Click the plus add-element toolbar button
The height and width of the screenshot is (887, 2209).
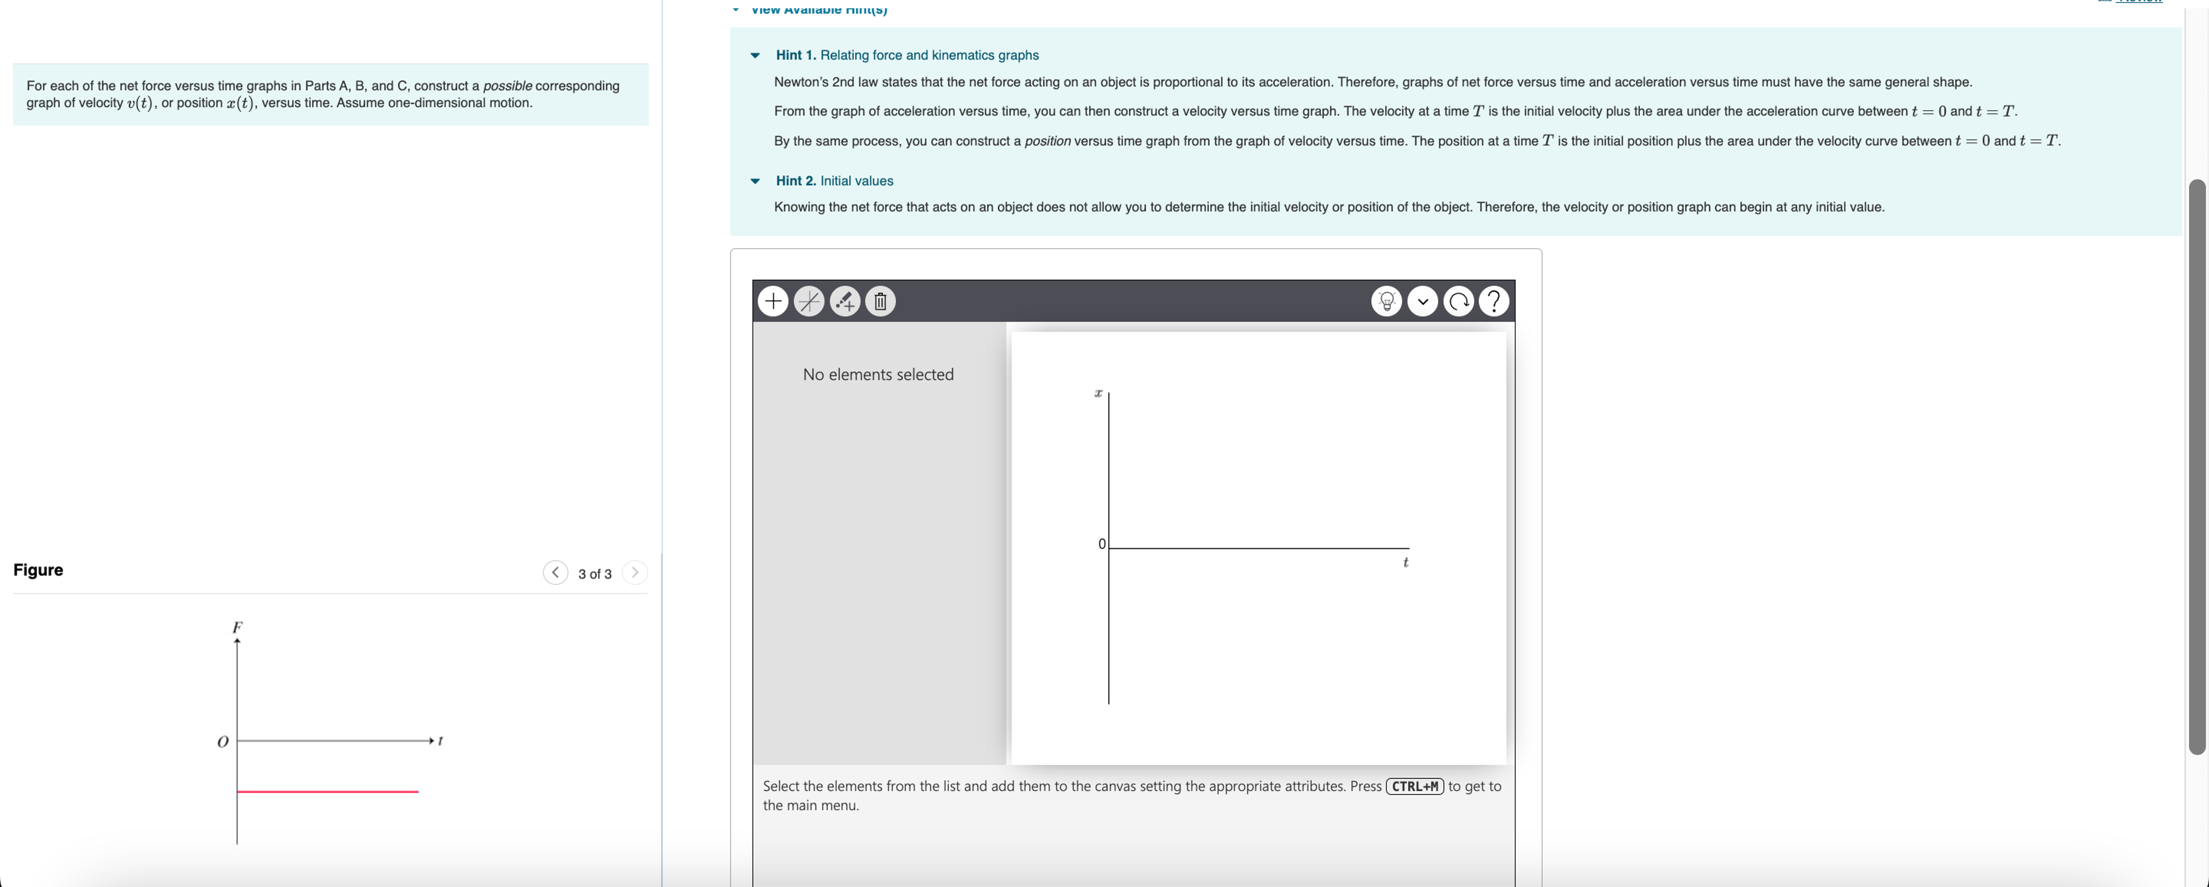coord(773,301)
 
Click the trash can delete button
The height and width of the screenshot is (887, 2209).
coord(880,301)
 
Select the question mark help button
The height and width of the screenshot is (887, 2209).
coord(1494,301)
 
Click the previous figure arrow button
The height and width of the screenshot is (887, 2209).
coord(555,572)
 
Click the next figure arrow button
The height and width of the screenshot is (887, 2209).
coord(635,572)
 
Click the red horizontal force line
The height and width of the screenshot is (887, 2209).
coord(328,791)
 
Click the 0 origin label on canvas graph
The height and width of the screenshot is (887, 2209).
coord(1102,544)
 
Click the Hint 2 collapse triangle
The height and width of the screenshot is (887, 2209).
coord(755,181)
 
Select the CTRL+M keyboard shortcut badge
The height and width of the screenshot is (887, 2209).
coord(1414,786)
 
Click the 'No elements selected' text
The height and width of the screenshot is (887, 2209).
coord(878,375)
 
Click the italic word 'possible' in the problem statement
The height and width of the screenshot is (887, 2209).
coord(507,86)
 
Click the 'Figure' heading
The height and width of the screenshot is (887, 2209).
coord(38,570)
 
